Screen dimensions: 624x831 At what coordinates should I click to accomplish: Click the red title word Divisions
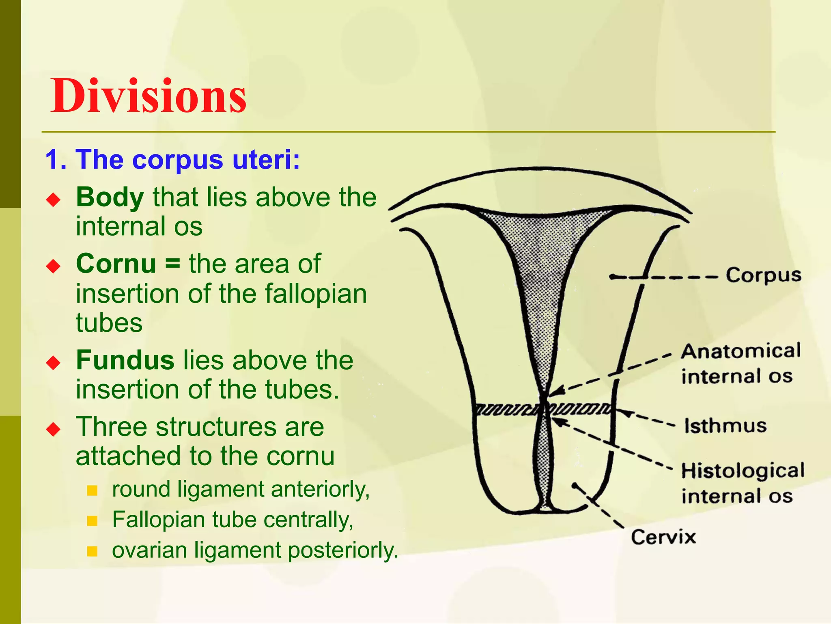pyautogui.click(x=149, y=97)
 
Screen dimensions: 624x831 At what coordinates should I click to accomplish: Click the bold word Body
pyautogui.click(x=110, y=197)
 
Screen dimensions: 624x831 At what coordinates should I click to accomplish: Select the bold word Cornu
pyautogui.click(x=116, y=264)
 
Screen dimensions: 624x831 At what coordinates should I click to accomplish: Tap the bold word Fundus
pyautogui.click(x=125, y=360)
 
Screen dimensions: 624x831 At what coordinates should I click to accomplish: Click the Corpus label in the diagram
pyautogui.click(x=763, y=276)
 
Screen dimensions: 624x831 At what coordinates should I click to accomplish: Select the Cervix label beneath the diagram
pyautogui.click(x=663, y=537)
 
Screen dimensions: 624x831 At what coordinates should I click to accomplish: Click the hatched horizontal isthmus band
pyautogui.click(x=507, y=409)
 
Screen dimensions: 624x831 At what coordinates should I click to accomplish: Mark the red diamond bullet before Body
pyautogui.click(x=53, y=199)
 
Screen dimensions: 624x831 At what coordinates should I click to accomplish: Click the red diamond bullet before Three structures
pyautogui.click(x=53, y=429)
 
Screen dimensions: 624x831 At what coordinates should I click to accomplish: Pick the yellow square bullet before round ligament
pyautogui.click(x=93, y=490)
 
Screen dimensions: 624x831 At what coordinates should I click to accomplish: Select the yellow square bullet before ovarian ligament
pyautogui.click(x=93, y=551)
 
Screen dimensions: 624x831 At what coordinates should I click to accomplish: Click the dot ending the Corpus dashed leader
pyautogui.click(x=612, y=277)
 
